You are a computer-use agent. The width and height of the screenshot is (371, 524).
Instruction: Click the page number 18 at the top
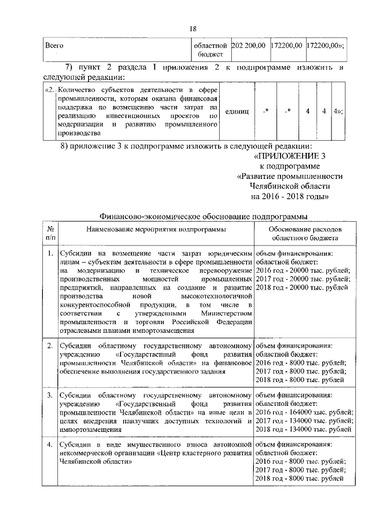(x=194, y=28)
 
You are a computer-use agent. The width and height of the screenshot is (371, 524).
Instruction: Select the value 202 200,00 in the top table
(x=248, y=45)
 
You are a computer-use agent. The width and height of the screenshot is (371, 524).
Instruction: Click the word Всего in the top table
(x=54, y=45)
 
